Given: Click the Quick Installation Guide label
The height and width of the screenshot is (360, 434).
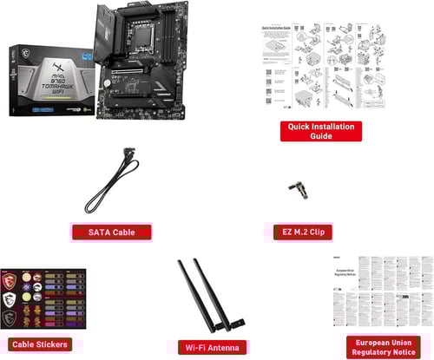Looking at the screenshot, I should pos(320,131).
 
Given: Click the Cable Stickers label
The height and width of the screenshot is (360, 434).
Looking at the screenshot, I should pos(42,344).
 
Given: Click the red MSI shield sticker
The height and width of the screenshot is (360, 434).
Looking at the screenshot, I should pos(11,283).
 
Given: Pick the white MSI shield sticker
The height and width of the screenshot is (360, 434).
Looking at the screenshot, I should pos(11,301).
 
